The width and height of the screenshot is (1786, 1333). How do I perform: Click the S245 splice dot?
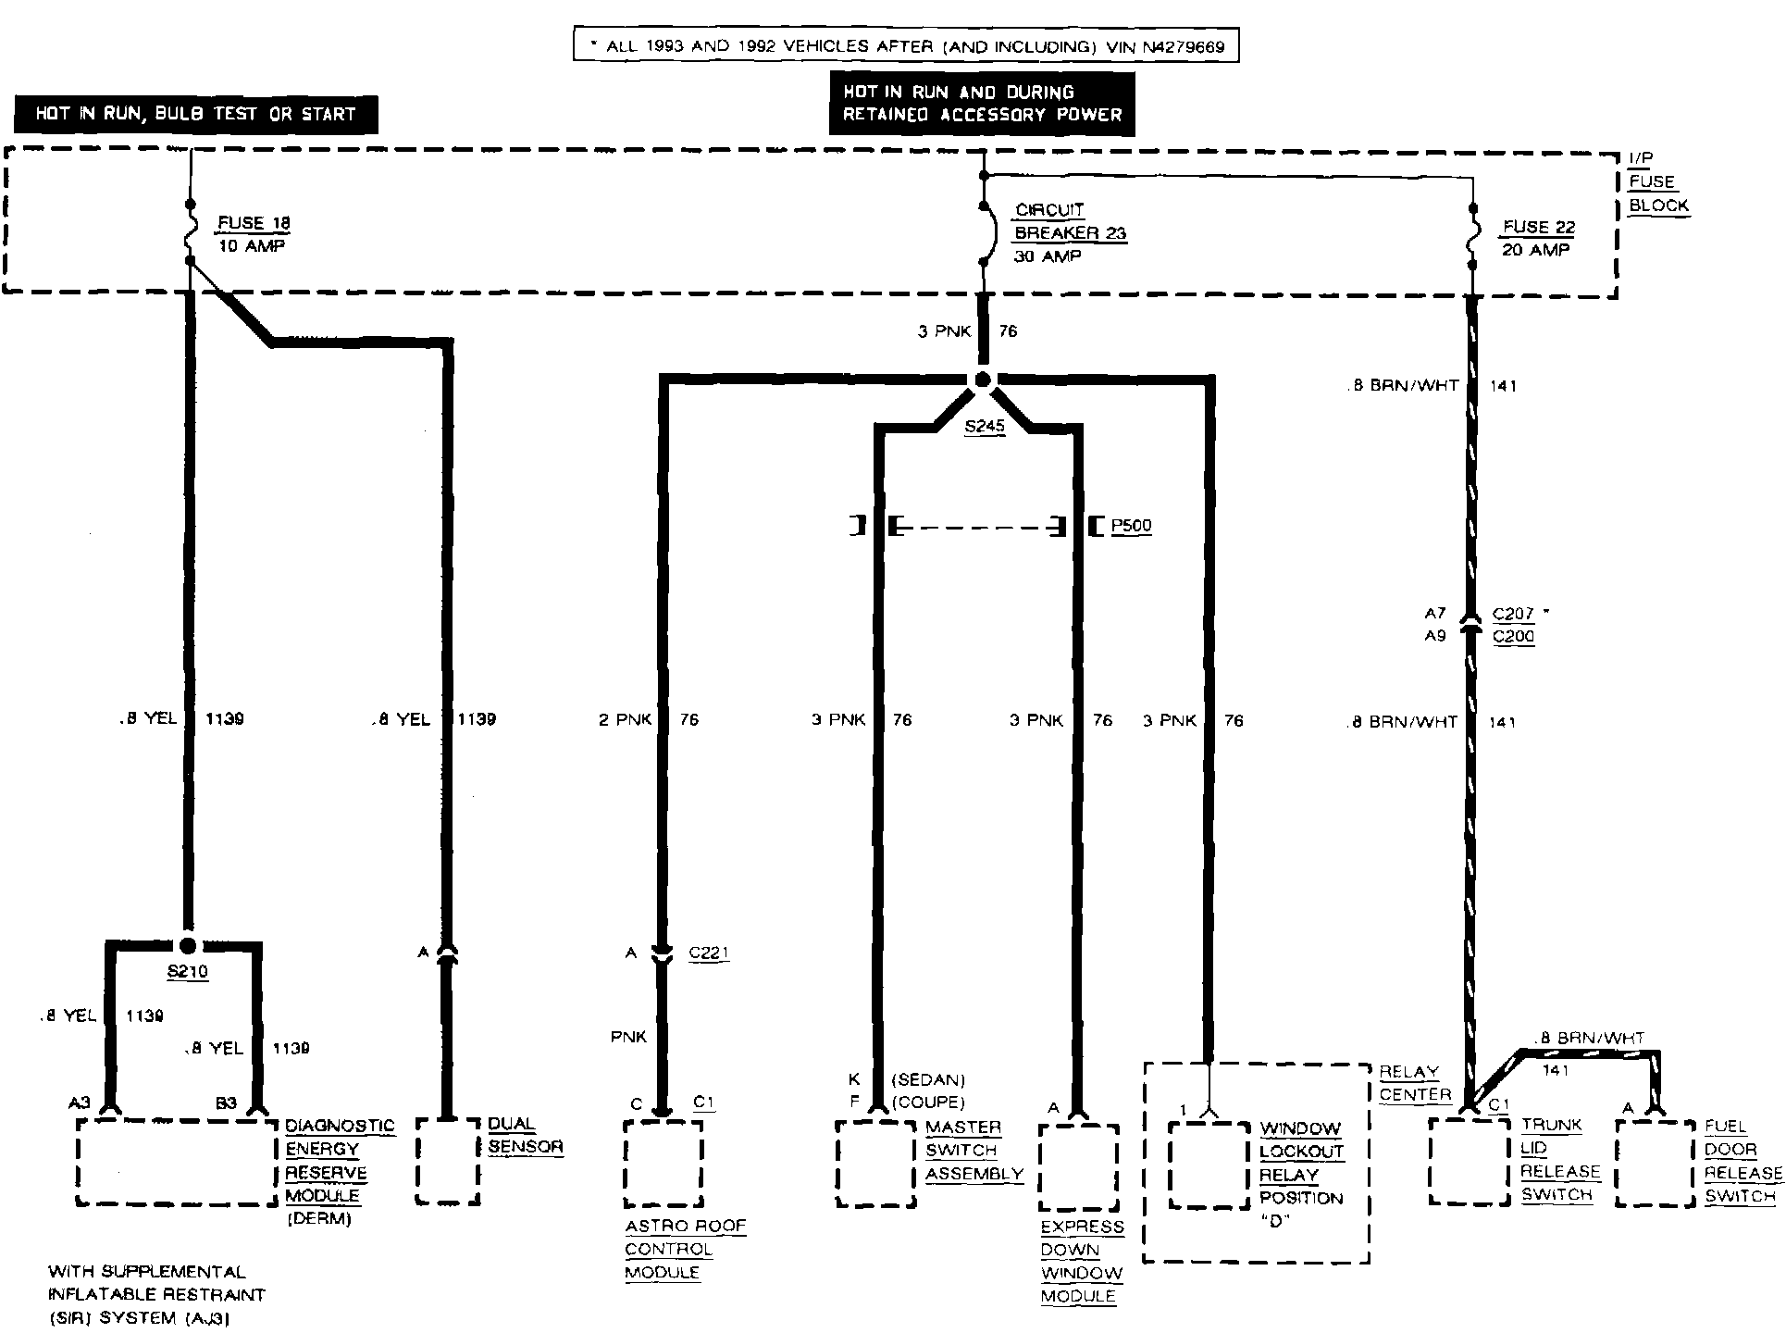[x=983, y=380]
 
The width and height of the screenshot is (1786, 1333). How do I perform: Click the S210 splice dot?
[x=188, y=945]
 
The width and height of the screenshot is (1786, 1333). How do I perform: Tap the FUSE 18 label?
[x=253, y=223]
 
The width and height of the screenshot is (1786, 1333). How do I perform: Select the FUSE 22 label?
[x=1539, y=228]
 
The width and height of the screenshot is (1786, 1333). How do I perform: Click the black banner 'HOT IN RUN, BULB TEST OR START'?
[x=195, y=114]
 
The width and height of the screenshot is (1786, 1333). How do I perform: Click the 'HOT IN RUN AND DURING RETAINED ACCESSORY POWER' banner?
[x=981, y=104]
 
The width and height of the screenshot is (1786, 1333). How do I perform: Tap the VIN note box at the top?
[x=905, y=45]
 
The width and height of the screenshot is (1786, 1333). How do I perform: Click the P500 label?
[x=1131, y=526]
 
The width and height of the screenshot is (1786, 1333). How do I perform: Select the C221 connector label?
[x=709, y=953]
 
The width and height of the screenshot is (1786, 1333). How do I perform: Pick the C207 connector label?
[x=1514, y=614]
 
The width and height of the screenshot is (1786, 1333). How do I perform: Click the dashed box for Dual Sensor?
[x=448, y=1161]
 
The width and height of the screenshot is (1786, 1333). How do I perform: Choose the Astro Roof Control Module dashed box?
[x=663, y=1164]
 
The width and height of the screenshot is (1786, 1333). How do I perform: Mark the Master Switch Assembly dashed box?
[x=875, y=1165]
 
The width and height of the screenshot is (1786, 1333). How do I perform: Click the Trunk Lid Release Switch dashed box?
[x=1470, y=1161]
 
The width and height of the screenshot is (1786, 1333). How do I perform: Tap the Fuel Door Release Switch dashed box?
[x=1656, y=1163]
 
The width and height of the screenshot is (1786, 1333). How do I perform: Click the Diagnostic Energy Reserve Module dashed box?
[x=177, y=1162]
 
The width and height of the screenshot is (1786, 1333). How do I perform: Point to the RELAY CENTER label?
[x=1415, y=1083]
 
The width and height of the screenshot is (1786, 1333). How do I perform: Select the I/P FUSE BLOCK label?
[x=1657, y=182]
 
